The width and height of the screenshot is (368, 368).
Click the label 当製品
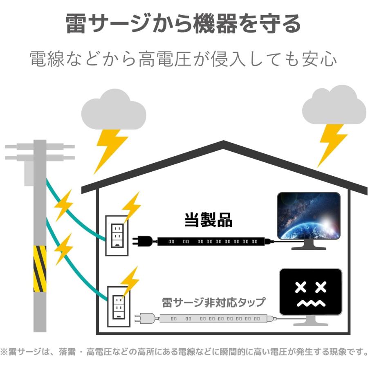point(208,220)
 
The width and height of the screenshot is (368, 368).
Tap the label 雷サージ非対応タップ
point(213,303)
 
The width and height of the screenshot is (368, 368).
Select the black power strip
point(213,242)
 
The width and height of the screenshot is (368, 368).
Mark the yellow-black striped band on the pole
point(40,269)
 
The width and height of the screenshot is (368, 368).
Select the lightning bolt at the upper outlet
point(132,206)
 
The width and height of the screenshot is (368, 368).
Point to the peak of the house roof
point(223,143)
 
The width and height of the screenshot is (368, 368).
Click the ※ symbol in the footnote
point(4,352)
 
